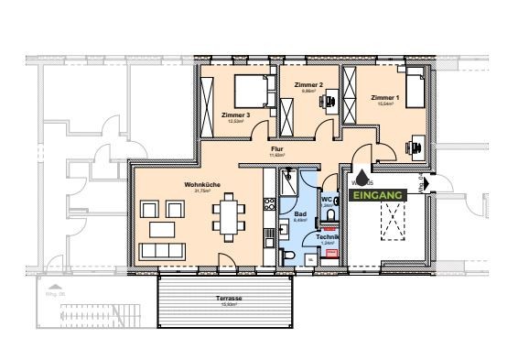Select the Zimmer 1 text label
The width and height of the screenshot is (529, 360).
[384, 97]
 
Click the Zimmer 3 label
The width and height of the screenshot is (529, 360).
[235, 115]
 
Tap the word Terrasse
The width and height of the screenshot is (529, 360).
[229, 299]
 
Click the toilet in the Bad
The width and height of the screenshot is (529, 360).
[287, 252]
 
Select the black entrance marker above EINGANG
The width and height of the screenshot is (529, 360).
[363, 177]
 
